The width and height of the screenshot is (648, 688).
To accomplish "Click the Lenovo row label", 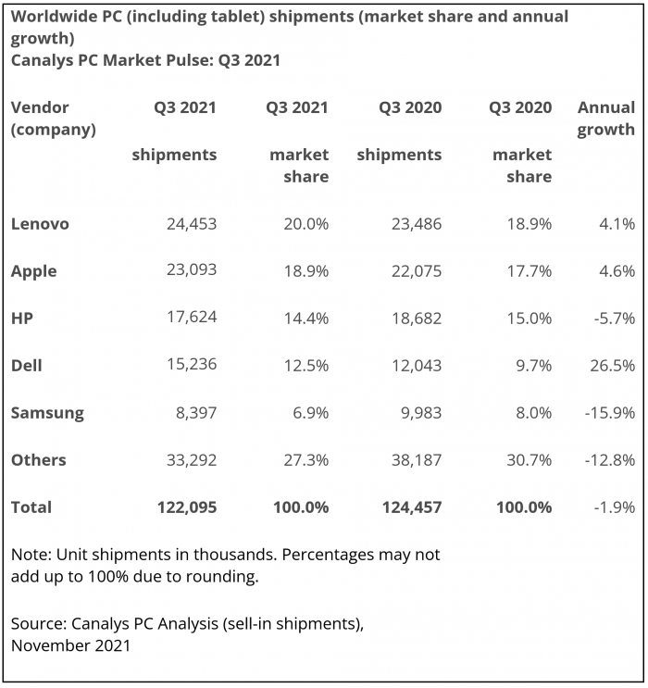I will tap(40, 224).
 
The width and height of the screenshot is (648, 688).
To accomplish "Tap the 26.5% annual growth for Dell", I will tap(612, 366).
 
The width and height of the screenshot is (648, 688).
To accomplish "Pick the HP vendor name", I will tap(23, 319).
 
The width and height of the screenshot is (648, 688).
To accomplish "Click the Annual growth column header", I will tap(606, 119).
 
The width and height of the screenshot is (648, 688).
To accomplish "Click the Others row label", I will tap(39, 460).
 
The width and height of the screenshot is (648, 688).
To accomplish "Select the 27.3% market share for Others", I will tap(305, 460).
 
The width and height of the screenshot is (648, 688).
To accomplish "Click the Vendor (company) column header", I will tap(53, 119).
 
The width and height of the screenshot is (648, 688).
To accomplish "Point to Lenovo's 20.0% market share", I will tap(305, 224).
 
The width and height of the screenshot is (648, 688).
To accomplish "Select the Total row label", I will tap(31, 507).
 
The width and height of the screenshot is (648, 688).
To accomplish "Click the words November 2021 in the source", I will tap(70, 645).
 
